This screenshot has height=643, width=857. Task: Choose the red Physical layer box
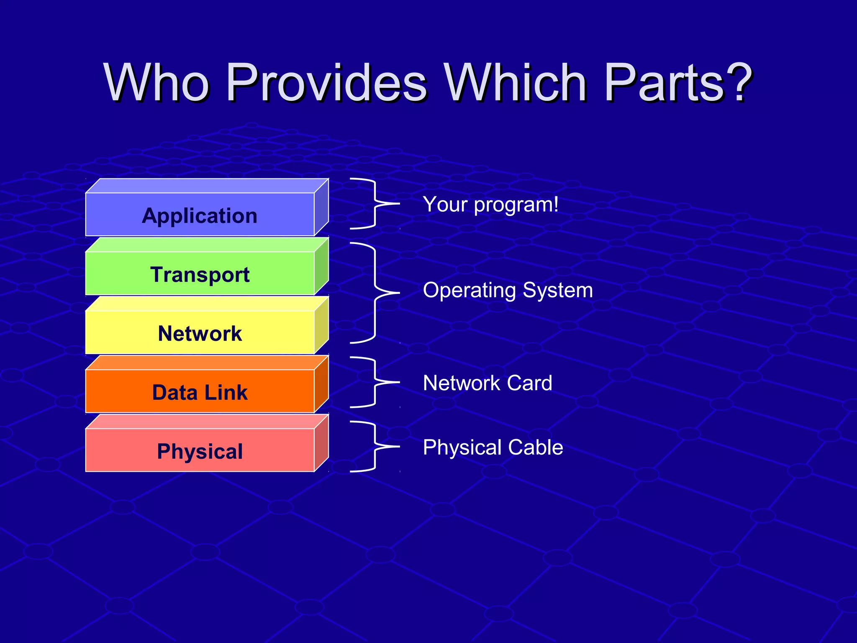[x=200, y=451]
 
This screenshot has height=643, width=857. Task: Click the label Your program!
[x=490, y=205]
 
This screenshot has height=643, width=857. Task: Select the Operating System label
[x=508, y=290]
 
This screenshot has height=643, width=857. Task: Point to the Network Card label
[x=488, y=383]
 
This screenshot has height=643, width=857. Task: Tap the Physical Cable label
[x=493, y=447]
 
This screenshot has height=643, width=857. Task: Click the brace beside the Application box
[x=375, y=203]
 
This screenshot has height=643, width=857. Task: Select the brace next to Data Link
[x=375, y=382]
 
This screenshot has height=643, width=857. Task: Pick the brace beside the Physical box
[x=375, y=446]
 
